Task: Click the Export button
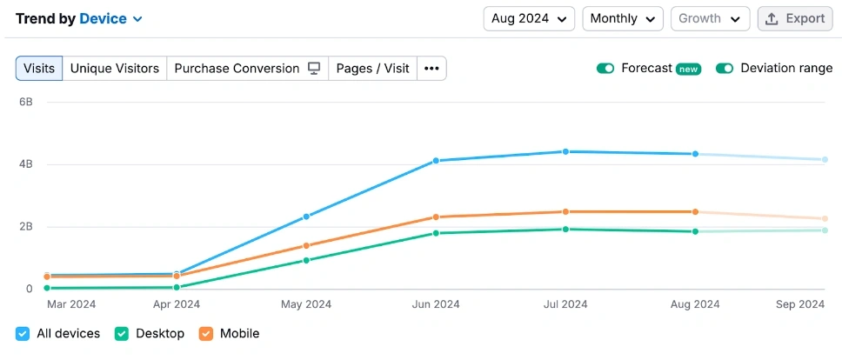point(795,18)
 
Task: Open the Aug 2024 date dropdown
point(529,18)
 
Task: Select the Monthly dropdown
point(622,18)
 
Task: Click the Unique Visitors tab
point(115,69)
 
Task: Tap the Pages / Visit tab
point(372,69)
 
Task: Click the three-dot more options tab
point(431,69)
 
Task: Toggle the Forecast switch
point(605,69)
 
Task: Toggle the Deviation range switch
point(725,69)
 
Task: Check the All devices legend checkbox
point(23,333)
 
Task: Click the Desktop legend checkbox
point(122,333)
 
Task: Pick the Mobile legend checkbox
point(206,333)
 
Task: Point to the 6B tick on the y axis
point(26,102)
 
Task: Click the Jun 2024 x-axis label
point(435,304)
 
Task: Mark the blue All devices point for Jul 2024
point(565,152)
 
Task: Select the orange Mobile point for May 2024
point(306,246)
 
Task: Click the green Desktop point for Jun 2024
point(436,233)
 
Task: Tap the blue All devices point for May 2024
point(306,217)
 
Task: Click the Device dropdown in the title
point(111,18)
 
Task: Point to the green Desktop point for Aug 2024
point(695,231)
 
